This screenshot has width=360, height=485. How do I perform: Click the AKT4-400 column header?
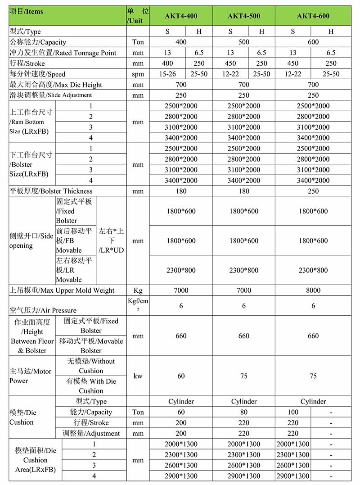(181, 16)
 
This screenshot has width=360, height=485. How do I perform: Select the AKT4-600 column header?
(313, 16)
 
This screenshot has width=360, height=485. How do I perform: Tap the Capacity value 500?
(243, 42)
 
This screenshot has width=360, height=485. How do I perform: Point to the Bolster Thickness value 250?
(313, 191)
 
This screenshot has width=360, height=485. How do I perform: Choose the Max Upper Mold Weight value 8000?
(313, 290)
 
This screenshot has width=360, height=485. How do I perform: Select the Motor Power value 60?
(181, 376)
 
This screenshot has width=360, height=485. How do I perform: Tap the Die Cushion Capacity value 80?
(243, 412)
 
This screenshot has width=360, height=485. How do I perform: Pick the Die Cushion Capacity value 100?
(293, 412)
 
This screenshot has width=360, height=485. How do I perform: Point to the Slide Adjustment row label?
(50, 95)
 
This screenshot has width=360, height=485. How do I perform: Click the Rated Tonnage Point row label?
(63, 53)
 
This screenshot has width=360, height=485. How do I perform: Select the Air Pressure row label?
(43, 310)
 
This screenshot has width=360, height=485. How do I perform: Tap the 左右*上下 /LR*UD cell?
(111, 240)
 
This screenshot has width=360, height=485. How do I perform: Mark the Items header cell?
(26, 12)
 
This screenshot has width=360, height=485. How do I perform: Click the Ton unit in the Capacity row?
(138, 42)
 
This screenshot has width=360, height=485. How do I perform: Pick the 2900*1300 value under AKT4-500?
(243, 476)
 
